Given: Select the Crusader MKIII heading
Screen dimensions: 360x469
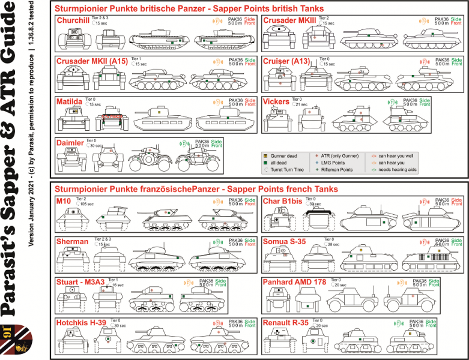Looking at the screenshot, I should (290, 21).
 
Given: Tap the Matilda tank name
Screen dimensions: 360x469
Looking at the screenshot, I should (69, 102).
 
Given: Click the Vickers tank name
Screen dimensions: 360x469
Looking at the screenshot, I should (276, 101).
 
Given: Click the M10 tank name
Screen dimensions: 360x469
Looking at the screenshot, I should (63, 200).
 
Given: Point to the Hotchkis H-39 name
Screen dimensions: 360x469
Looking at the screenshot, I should (81, 323).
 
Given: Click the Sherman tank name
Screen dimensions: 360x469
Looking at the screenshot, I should (72, 241).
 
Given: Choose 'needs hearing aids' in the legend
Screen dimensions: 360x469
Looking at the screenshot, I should (398, 170).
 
